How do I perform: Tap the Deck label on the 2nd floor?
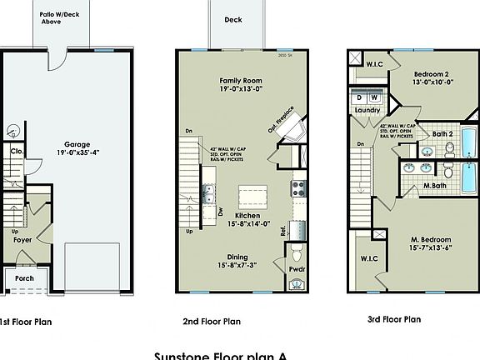tap(233, 20)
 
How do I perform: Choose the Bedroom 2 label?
tap(434, 77)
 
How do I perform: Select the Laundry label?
tap(367, 110)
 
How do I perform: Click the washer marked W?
tap(375, 97)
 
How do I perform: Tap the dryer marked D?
tap(360, 97)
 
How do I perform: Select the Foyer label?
tap(22, 240)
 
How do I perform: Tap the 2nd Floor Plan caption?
tap(212, 321)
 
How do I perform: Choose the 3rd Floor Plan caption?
tap(396, 319)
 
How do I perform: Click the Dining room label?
tap(235, 261)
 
